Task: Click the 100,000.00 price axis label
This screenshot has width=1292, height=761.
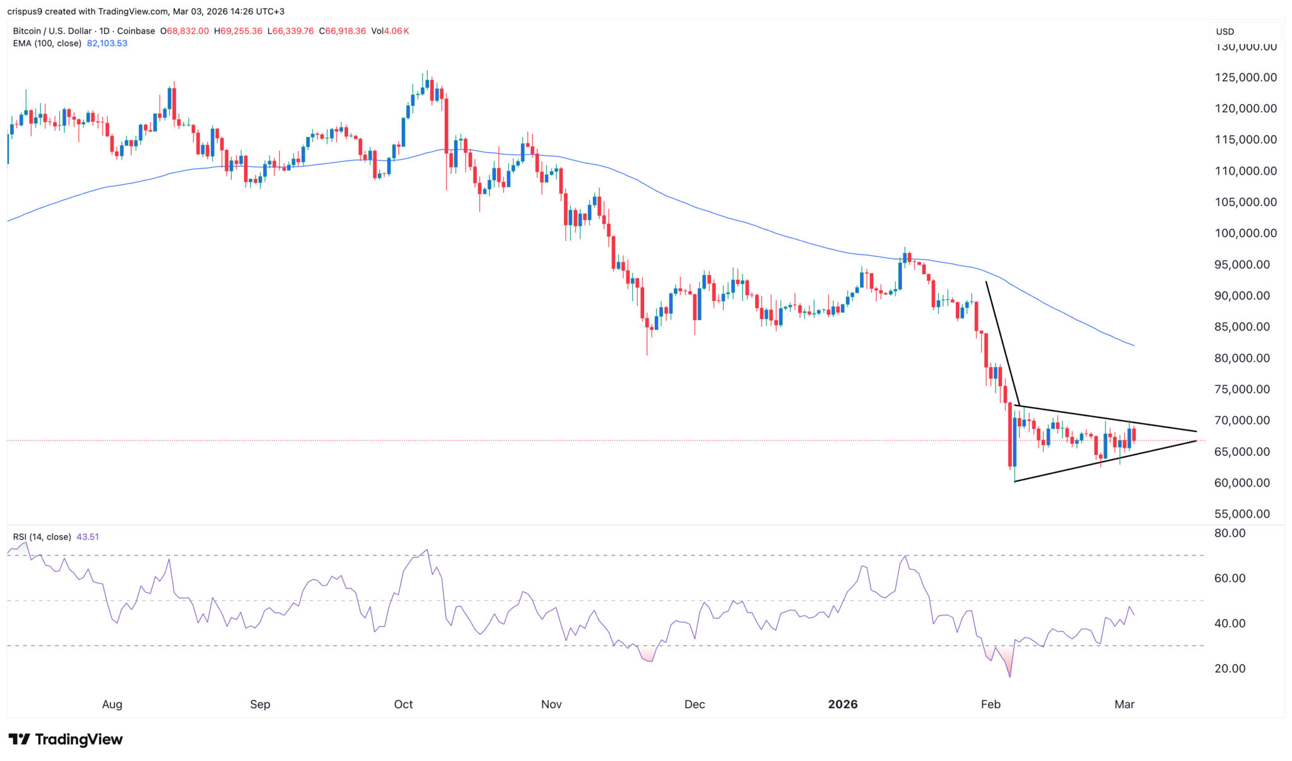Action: [x=1245, y=233]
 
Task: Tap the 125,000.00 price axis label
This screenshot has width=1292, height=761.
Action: [x=1245, y=78]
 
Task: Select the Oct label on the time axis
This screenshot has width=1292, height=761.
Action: [x=403, y=704]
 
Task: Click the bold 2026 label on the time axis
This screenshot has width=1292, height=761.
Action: [x=843, y=704]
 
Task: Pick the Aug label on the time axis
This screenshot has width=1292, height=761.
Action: [x=112, y=704]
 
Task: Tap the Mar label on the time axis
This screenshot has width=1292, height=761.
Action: [x=1124, y=704]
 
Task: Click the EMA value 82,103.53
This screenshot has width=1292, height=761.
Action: [x=107, y=44]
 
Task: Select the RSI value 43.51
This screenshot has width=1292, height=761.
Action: [x=88, y=537]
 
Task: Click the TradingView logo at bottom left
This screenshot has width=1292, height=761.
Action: [x=65, y=739]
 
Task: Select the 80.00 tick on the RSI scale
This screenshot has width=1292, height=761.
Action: [x=1230, y=533]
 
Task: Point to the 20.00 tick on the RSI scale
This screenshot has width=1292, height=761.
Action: [x=1230, y=668]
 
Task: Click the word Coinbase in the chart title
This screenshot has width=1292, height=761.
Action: [x=136, y=31]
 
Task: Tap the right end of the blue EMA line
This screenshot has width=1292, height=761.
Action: [x=1134, y=346]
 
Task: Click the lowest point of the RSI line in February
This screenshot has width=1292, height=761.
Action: [x=1010, y=677]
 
